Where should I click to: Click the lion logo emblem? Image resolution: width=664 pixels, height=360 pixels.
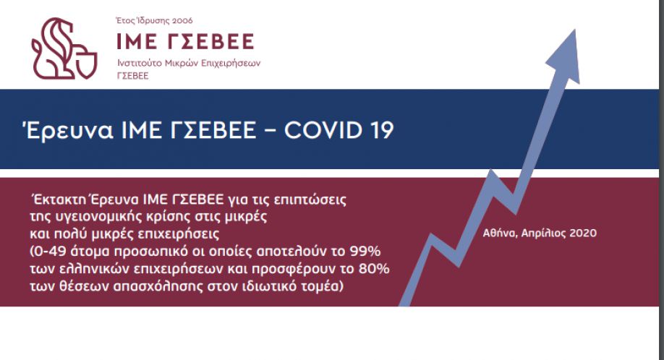(64, 48)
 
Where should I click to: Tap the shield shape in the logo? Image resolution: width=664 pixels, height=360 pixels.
(88, 64)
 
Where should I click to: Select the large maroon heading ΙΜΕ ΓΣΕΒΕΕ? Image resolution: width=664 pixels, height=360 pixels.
(185, 41)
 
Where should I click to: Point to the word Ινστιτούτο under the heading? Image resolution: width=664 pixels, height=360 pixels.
(140, 63)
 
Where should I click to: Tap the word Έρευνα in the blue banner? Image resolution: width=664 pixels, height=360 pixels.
(68, 129)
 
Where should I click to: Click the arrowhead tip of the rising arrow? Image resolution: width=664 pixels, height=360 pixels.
(575, 29)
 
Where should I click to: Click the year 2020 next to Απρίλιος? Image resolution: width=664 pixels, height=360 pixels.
(583, 233)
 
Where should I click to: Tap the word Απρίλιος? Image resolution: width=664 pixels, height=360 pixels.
(543, 233)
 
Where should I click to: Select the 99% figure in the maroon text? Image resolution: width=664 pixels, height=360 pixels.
(365, 252)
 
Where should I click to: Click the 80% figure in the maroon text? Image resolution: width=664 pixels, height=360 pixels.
(374, 269)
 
